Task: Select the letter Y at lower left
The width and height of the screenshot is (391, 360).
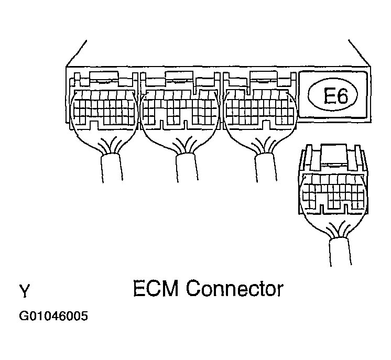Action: (24, 290)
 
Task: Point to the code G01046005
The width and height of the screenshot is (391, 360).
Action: (53, 317)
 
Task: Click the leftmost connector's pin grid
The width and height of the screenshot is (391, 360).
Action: (103, 108)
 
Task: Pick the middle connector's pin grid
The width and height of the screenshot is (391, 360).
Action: (179, 108)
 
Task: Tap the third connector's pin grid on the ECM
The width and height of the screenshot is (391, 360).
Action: (258, 108)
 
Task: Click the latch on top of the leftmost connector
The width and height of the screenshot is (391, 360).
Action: (104, 80)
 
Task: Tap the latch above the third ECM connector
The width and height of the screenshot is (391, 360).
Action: (259, 80)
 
